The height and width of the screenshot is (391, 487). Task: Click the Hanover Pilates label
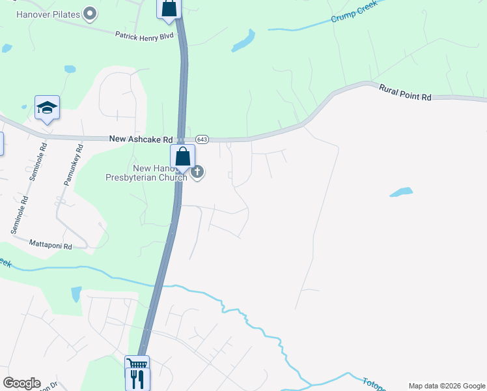point(48,14)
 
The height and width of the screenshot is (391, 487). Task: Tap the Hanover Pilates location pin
point(90,14)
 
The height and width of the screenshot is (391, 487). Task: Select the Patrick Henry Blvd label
point(145,35)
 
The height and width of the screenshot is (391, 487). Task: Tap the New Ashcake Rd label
point(141,139)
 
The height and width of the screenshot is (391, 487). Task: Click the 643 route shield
point(202,139)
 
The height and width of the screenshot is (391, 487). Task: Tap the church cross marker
point(197,172)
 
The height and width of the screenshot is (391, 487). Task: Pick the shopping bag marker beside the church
point(183,157)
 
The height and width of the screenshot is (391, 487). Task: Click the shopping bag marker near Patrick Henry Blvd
point(169,8)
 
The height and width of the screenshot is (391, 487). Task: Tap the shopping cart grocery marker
point(137,364)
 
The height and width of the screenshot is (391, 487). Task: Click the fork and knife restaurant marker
point(138,378)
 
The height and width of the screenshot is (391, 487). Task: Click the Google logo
point(21,383)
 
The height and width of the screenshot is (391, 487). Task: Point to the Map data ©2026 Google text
point(447,386)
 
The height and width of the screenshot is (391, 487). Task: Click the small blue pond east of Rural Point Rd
point(401,192)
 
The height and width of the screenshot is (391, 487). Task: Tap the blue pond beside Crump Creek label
point(243,41)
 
